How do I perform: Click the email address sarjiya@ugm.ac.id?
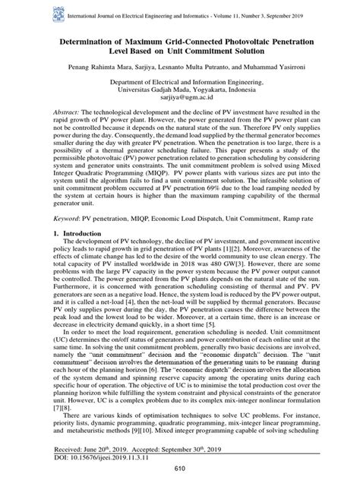tap(180, 106)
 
